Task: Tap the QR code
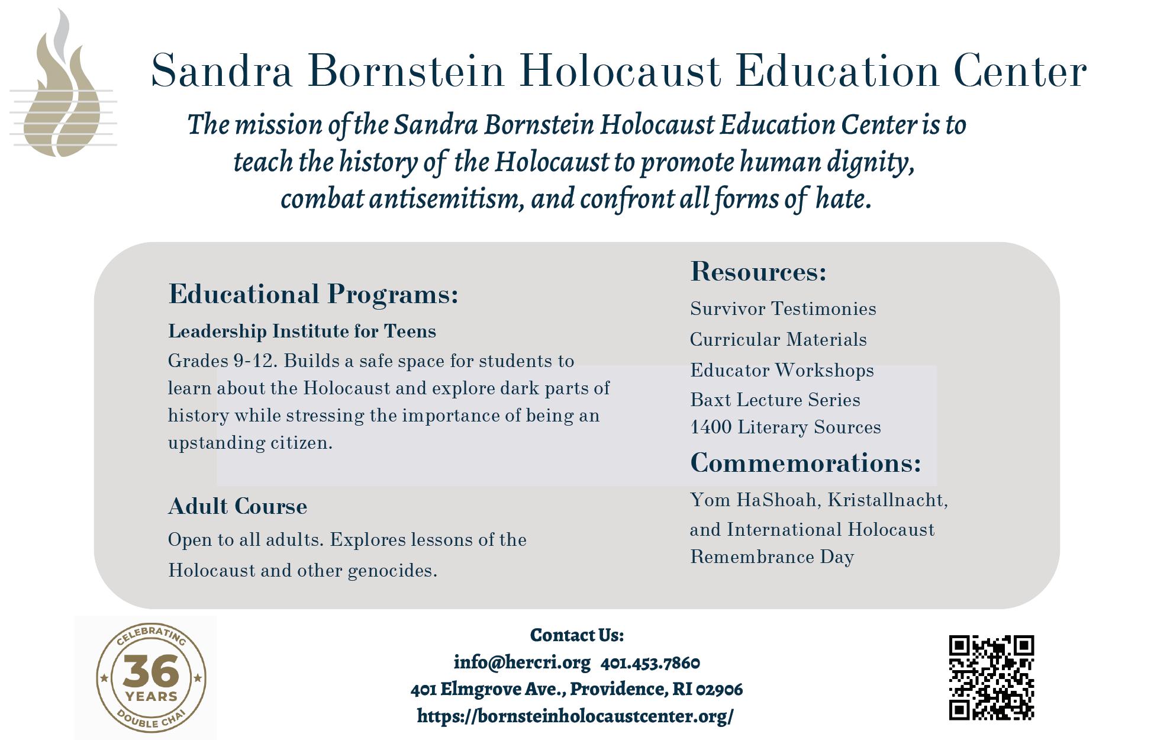(991, 677)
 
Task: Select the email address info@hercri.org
(522, 662)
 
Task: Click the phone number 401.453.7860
(650, 662)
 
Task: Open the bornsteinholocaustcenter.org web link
(575, 716)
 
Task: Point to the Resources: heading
(758, 271)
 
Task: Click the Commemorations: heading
(805, 462)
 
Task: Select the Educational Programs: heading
(313, 294)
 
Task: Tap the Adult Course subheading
(237, 506)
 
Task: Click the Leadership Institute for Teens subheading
(302, 331)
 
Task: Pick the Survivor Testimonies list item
(783, 308)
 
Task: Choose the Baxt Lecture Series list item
(775, 400)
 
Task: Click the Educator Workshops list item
(782, 370)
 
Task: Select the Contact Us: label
(576, 635)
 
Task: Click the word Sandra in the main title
(222, 71)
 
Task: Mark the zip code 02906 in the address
(719, 689)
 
